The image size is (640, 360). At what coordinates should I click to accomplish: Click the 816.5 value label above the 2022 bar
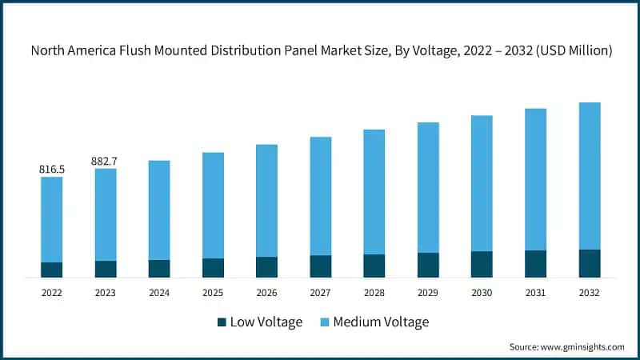point(52,170)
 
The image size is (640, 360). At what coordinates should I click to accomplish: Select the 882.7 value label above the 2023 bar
point(106,162)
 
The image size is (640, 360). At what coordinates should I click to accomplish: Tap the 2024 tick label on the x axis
point(159,293)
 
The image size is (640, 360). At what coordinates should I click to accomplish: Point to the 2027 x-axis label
point(321,293)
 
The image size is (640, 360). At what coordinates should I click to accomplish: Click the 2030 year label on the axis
point(482,293)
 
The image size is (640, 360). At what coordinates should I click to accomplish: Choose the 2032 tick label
point(590,293)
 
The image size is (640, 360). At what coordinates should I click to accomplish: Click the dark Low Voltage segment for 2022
point(52,270)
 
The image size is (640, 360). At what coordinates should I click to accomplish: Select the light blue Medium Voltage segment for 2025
point(213,205)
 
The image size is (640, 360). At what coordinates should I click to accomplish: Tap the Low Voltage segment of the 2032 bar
point(590,263)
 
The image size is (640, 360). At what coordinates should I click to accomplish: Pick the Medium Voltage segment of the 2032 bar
point(590,176)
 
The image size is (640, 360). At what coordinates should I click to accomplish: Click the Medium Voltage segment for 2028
point(374,192)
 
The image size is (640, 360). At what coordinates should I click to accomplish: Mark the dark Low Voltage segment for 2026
point(267,267)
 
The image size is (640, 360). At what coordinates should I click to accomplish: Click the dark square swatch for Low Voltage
point(222,322)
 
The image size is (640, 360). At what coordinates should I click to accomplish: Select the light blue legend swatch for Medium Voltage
point(325,322)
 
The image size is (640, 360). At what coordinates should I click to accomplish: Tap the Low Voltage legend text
point(266,322)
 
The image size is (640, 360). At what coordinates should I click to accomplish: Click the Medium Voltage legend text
point(381,322)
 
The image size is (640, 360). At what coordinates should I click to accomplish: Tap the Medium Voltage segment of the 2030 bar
point(482,183)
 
